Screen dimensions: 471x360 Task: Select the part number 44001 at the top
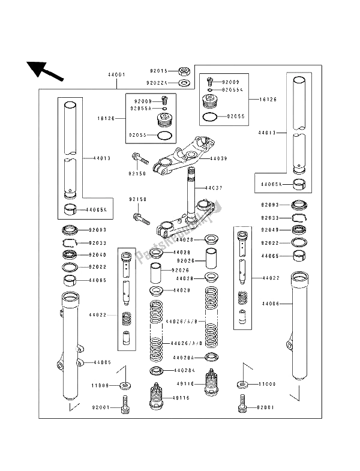(116, 75)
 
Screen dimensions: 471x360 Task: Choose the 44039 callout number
(219, 159)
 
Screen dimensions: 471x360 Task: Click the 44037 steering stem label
(214, 188)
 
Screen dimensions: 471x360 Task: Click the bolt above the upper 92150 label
(139, 159)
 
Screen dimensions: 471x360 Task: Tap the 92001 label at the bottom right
(265, 408)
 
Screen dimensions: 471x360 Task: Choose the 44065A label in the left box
(96, 210)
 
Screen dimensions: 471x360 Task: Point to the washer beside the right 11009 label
(242, 383)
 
